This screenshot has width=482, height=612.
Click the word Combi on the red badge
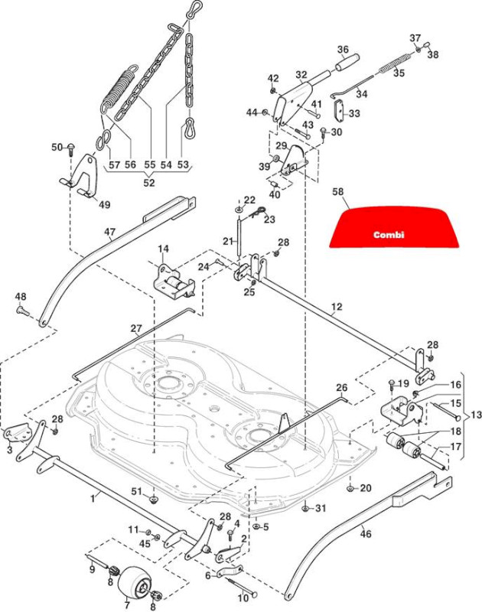tap(389, 235)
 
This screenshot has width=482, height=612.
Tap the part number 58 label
tap(338, 192)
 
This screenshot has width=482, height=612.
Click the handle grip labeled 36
tap(348, 63)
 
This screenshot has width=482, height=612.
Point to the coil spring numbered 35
tap(395, 63)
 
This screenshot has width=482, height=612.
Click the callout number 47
tap(110, 233)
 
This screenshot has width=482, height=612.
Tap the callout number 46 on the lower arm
tap(366, 532)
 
